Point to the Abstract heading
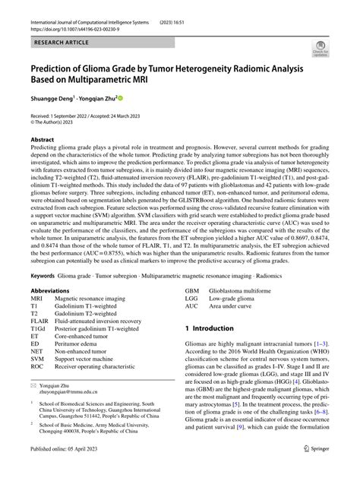pos(42,141)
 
